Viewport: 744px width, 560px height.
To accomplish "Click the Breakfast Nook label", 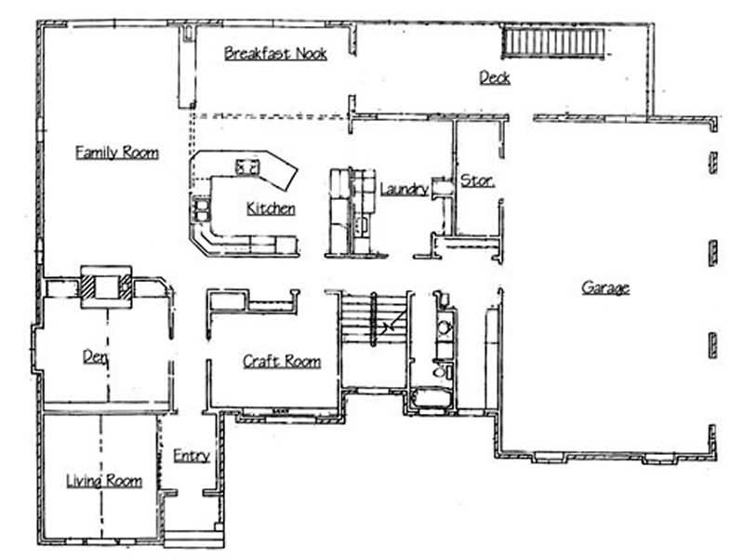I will (x=275, y=54).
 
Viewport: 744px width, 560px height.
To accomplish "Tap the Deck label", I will (x=494, y=77).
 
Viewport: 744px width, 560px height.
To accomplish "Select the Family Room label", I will (x=116, y=152).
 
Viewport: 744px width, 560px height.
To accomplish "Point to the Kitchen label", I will (x=271, y=208).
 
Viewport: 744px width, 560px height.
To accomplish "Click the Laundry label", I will (x=404, y=190).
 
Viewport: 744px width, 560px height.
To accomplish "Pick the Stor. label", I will (x=477, y=180).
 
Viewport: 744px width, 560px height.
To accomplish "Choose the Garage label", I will (x=605, y=287).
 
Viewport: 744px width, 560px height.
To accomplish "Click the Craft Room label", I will (x=282, y=361).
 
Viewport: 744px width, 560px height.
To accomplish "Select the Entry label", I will (x=191, y=456).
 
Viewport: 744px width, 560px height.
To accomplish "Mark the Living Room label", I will (x=103, y=480).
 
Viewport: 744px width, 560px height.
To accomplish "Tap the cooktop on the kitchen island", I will (x=248, y=167).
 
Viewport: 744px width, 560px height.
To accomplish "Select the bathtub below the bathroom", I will (x=429, y=401).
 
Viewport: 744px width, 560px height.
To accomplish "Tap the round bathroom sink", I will (x=444, y=327).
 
